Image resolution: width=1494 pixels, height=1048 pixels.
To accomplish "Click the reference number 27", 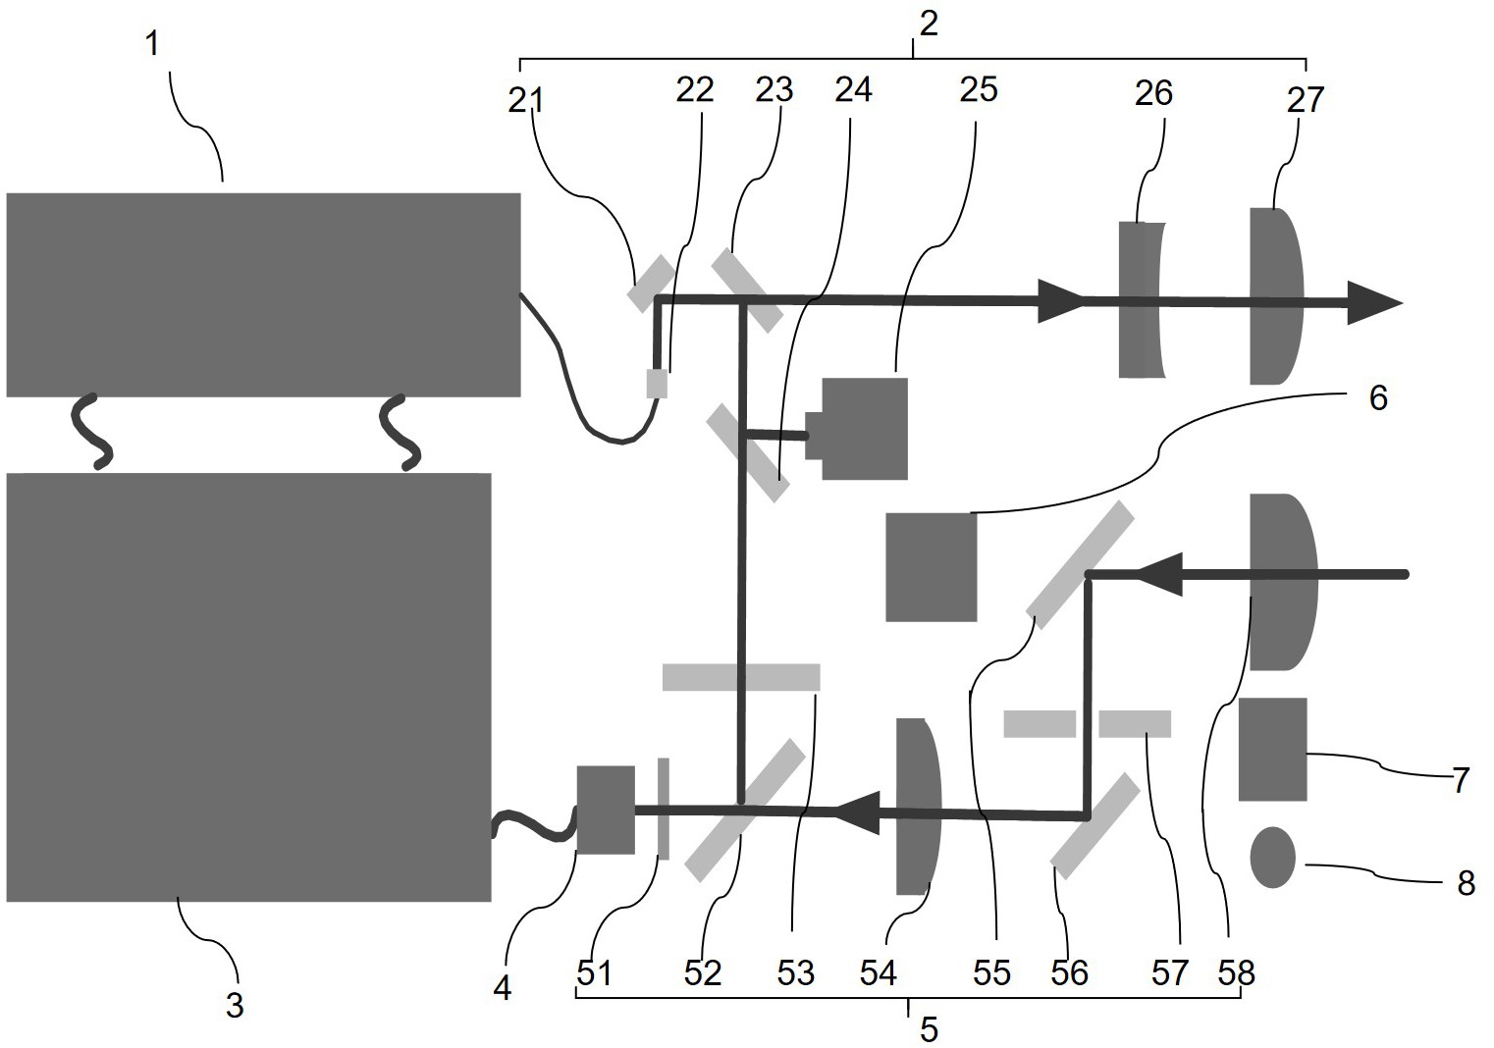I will point(1306,99).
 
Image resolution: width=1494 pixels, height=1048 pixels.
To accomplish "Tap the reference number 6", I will point(1378,398).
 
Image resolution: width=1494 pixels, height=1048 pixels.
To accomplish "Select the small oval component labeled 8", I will point(1272,858).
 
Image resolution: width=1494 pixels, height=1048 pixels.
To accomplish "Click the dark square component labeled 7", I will point(1272,750).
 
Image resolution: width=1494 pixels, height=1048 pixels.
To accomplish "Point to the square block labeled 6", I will point(931,567).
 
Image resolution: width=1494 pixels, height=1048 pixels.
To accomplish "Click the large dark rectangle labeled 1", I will point(263,294).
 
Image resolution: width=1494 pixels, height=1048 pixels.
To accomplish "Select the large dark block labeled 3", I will point(248,687).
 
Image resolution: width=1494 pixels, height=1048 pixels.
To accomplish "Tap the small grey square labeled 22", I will point(657,383).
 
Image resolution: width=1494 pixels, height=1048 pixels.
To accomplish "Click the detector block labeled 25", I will point(863,429).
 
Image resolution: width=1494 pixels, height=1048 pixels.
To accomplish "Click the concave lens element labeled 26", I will point(1141,300).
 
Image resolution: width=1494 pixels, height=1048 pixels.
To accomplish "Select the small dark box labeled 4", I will point(605,810).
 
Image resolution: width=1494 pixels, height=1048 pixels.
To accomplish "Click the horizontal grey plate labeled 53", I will point(741,677).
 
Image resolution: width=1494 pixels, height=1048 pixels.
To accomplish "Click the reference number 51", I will point(594,973).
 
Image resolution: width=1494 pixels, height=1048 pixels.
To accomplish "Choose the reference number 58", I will point(1236,972).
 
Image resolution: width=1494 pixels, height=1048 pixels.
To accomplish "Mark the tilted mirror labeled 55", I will point(1080,564).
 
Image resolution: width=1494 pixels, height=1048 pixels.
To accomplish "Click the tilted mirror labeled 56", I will point(1095,825).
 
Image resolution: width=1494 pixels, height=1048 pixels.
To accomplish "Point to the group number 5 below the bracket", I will point(929,1029).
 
